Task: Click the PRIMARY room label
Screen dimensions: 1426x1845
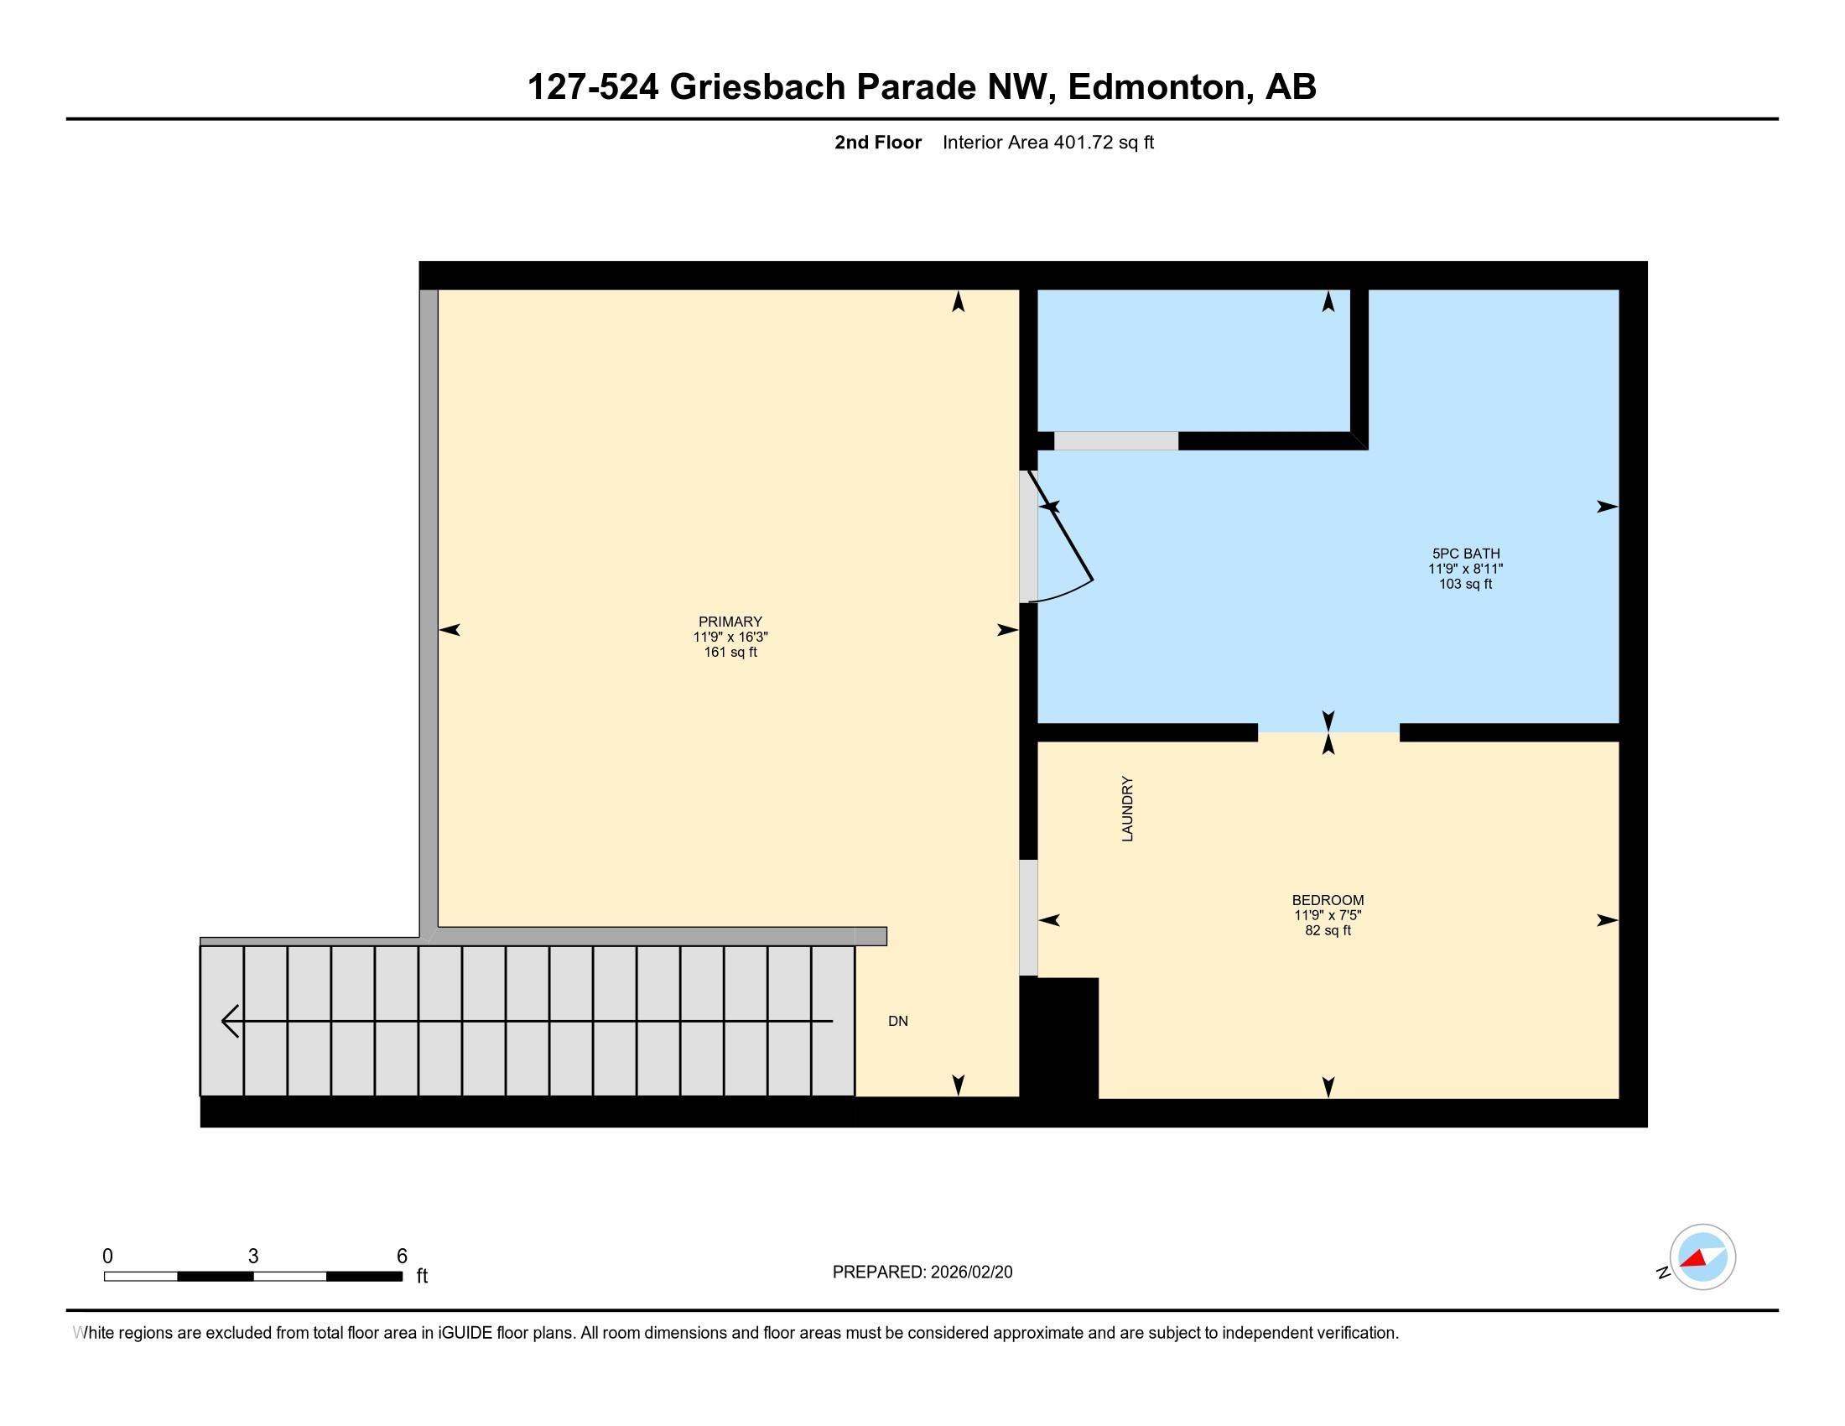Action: [x=730, y=622]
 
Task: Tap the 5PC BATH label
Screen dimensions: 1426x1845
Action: [x=1466, y=554]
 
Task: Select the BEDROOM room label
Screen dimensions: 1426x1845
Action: [x=1328, y=900]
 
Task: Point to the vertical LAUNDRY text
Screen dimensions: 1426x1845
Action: [x=1127, y=809]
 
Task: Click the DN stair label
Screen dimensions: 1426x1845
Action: [x=898, y=1022]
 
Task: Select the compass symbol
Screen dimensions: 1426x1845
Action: [x=1702, y=1257]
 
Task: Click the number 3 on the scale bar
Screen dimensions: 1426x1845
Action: [x=252, y=1257]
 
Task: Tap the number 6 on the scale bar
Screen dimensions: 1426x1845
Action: [x=402, y=1256]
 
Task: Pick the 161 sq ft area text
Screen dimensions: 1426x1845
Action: [x=730, y=652]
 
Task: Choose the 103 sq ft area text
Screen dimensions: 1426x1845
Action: [x=1466, y=584]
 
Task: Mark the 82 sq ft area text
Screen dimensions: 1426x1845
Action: [x=1328, y=930]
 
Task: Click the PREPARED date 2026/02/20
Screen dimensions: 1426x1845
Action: [x=969, y=1272]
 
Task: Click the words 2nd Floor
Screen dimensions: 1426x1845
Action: [x=878, y=143]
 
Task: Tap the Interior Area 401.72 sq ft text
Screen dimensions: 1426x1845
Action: [x=1047, y=143]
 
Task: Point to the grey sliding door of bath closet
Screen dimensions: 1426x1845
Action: [x=1115, y=441]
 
